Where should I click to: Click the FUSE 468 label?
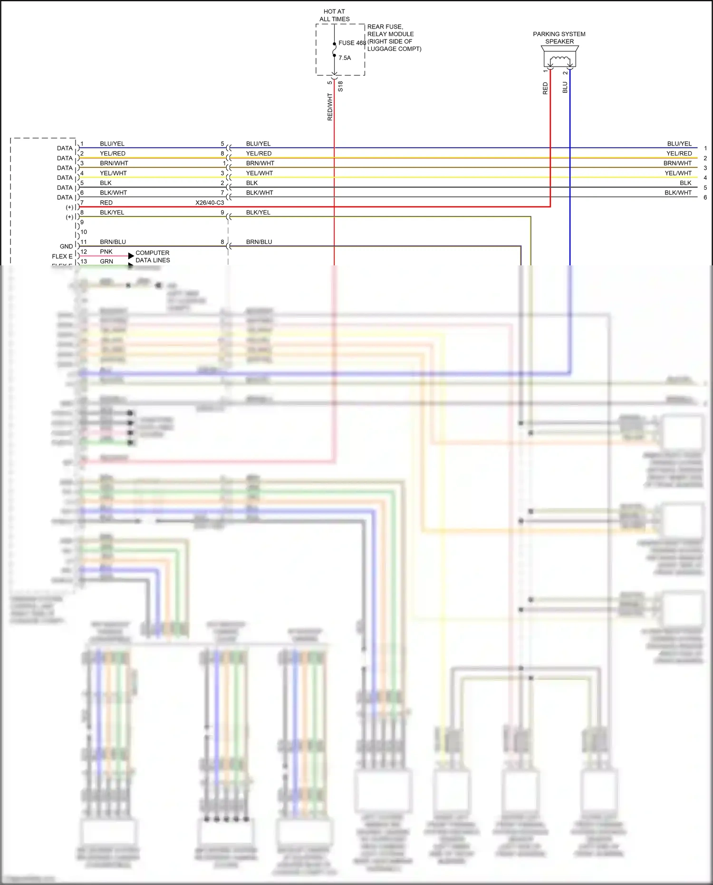pos(352,43)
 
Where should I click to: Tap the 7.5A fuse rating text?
pos(345,58)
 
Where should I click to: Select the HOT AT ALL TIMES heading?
pos(334,15)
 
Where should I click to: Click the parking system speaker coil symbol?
pos(559,60)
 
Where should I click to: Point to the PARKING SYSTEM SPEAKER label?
pos(559,38)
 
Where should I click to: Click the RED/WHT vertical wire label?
pos(330,107)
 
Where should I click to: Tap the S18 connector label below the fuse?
pos(340,87)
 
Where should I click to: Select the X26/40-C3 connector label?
pos(210,203)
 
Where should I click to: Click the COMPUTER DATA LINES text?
pos(153,256)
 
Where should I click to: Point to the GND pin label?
pos(66,246)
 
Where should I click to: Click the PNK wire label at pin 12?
pos(106,252)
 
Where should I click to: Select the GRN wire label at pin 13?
pos(106,262)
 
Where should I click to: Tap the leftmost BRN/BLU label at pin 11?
pos(113,242)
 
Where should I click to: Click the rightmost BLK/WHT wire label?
pos(678,193)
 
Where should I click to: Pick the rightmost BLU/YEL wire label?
pos(679,144)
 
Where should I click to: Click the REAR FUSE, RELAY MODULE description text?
pos(394,38)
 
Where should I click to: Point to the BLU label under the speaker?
pos(565,88)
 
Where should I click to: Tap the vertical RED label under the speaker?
pos(545,88)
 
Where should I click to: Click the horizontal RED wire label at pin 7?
pos(106,203)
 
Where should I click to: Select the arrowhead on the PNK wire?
pos(131,256)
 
